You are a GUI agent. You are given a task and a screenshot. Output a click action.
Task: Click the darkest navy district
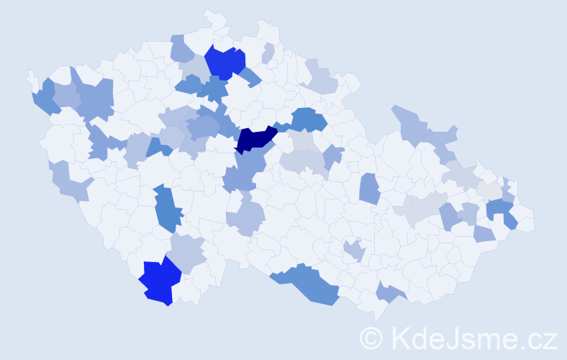coord(253,139)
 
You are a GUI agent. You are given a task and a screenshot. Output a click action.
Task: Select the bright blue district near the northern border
coord(224,61)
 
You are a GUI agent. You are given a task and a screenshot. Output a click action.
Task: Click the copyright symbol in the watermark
coord(372,337)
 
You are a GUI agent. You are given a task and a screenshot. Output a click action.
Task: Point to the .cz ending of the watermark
coord(536,337)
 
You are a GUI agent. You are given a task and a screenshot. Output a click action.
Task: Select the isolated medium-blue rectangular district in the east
coord(369,189)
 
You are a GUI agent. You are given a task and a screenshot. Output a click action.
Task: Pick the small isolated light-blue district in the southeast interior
coord(354,251)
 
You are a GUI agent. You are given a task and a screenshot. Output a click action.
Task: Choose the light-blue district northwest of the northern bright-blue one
coord(182,50)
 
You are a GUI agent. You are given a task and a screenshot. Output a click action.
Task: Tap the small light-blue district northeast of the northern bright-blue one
coord(268,53)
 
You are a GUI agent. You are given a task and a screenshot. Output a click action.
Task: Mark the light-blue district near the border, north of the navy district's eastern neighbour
coord(320,78)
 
